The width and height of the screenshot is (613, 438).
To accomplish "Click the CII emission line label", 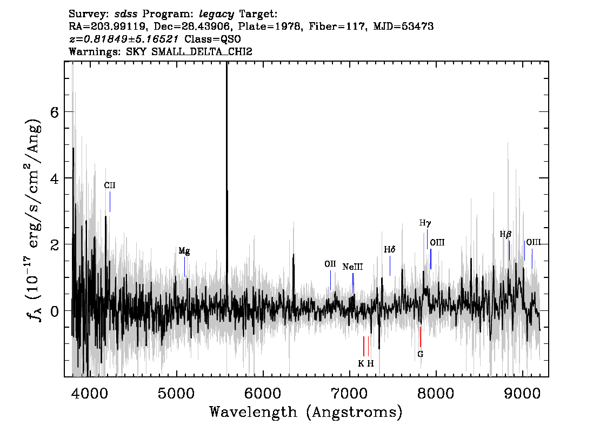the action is click(x=110, y=185).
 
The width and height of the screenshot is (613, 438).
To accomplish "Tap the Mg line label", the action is click(x=184, y=251).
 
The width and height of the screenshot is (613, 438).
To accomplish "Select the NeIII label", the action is click(x=352, y=267).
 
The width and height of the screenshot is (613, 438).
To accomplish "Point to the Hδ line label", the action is click(x=390, y=249).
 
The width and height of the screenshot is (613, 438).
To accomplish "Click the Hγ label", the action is click(x=425, y=223).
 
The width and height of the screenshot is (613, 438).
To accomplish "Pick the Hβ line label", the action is click(x=505, y=235).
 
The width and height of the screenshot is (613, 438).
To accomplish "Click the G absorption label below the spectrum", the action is click(x=420, y=354).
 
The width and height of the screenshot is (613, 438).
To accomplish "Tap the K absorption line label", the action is click(x=361, y=364).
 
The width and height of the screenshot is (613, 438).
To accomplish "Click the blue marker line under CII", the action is click(x=110, y=202).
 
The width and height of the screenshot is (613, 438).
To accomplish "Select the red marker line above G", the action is click(x=420, y=337).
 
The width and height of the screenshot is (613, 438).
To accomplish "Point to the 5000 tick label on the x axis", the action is click(x=176, y=394).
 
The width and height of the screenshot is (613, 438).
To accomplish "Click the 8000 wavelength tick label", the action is click(x=436, y=394).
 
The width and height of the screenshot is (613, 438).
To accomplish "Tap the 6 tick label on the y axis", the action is click(x=55, y=112).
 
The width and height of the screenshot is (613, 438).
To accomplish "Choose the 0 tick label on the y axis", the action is click(x=55, y=311).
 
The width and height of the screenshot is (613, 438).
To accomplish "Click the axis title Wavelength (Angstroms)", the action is click(x=306, y=412).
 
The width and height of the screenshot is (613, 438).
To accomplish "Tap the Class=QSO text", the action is click(x=212, y=39).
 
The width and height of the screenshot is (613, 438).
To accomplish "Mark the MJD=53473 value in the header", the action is click(x=403, y=26).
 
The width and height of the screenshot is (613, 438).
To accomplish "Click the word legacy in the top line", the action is click(x=217, y=15).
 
